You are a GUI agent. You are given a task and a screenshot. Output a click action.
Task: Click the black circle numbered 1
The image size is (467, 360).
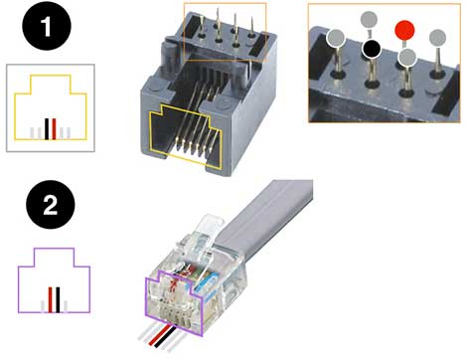coord(47,26)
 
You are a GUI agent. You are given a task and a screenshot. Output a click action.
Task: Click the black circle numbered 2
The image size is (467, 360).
coord(51,205)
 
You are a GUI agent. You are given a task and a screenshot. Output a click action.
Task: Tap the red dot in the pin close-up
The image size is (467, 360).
coord(404,30)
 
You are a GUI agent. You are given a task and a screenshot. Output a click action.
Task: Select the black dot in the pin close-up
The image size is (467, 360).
coord(372,49)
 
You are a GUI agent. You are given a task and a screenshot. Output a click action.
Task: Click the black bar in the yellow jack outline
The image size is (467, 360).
coord(47,128)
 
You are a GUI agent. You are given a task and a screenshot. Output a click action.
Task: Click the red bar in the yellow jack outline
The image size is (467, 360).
coord(54,128)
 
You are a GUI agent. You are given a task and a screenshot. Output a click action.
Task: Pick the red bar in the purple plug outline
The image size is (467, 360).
coord(51,299)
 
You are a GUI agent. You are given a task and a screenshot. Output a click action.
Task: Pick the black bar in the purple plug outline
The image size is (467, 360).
coord(58,299)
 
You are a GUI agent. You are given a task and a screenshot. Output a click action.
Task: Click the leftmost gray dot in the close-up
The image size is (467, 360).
coord(336,38)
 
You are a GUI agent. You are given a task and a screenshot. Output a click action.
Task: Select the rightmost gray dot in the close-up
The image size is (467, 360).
coord(437,38)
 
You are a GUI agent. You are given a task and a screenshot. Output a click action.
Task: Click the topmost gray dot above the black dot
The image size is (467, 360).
coord(369,20)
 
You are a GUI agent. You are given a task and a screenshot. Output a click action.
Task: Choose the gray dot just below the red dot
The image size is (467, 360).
coord(407,57)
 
